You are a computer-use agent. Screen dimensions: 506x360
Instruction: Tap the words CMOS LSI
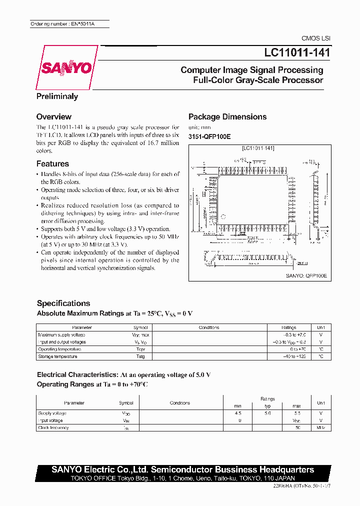[316, 38]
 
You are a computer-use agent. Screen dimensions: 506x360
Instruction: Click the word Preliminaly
[57, 96]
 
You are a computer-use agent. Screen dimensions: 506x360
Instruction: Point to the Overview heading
[54, 117]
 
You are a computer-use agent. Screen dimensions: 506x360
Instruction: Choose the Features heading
[52, 163]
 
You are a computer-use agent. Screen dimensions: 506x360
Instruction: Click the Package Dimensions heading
[227, 117]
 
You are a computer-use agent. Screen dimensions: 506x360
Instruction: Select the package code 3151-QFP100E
[209, 136]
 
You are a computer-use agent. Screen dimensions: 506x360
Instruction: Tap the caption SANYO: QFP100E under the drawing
[306, 275]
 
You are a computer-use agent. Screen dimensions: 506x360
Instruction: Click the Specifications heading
[63, 303]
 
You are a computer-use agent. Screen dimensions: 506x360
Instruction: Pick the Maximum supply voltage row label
[61, 335]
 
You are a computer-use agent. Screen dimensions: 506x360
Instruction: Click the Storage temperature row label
[57, 356]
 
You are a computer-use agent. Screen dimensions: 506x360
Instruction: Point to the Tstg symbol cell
[140, 356]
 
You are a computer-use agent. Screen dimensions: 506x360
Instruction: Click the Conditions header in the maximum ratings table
[209, 327]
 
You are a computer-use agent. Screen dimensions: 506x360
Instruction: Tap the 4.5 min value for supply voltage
[237, 413]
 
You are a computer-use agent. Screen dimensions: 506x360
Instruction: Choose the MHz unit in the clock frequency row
[320, 428]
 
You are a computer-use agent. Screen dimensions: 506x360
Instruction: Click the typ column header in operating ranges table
[267, 406]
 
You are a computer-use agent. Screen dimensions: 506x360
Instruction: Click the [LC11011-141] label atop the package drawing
[258, 148]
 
